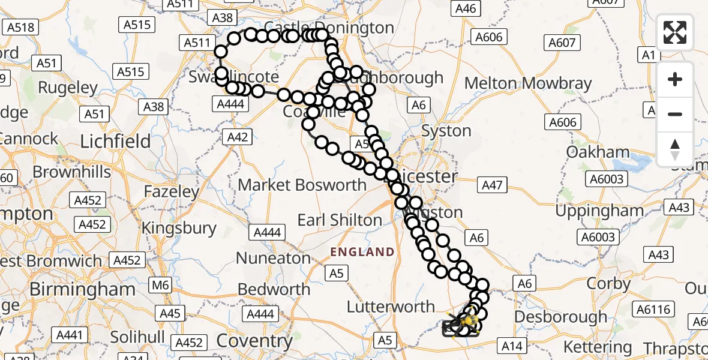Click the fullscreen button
pos(675,32)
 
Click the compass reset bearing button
pos(675,149)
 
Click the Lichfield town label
pos(116,142)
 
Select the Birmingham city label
pos(82,289)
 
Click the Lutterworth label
pos(391,307)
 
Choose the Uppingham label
pos(599,211)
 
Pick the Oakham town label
pos(598,152)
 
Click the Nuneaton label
pos(273,259)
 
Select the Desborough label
pos(560,316)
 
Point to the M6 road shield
pos(160,286)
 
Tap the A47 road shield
pos(492,186)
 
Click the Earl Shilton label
pos(340,220)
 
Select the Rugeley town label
pos(68,88)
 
